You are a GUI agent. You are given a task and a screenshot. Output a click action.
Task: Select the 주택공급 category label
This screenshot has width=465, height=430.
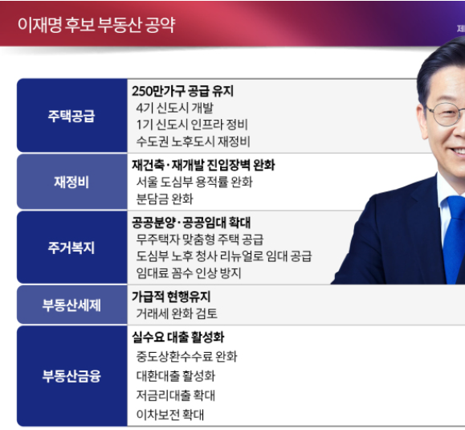point(71,116)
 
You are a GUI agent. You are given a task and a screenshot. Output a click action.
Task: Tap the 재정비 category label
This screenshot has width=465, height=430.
point(71,182)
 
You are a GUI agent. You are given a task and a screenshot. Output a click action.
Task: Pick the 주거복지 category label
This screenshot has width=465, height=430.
point(71,248)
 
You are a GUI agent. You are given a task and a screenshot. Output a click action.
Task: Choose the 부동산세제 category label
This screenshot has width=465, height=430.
point(71,305)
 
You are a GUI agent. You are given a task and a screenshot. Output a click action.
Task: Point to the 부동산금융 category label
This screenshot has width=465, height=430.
point(71,375)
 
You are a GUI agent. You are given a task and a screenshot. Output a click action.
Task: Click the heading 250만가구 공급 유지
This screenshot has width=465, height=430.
point(182,92)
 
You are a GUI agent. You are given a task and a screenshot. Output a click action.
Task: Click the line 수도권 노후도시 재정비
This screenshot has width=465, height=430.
point(194,141)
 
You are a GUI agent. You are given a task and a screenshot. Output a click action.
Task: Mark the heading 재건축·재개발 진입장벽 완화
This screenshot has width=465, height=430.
point(203,165)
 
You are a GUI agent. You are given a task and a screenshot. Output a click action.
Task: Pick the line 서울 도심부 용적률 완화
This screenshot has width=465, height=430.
point(194,182)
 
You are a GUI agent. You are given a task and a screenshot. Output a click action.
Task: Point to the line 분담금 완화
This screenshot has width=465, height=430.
point(165,199)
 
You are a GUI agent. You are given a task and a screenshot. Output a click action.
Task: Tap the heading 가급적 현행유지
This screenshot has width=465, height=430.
point(171,297)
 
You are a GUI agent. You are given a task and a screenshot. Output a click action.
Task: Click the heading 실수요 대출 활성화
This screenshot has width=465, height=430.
point(177,338)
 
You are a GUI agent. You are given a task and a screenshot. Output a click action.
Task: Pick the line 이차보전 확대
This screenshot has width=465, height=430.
point(170,416)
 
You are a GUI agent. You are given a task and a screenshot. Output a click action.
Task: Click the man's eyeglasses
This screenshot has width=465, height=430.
point(447,113)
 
